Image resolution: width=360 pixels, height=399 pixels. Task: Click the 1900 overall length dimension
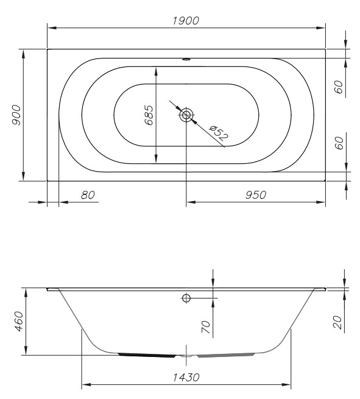(186, 21)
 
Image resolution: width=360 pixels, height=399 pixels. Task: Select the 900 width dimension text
(16, 115)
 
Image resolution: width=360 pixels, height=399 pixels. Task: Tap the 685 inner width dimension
(149, 115)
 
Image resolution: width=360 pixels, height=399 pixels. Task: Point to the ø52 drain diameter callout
(219, 133)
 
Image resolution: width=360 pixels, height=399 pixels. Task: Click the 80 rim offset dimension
(88, 195)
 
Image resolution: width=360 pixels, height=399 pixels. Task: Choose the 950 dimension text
(256, 195)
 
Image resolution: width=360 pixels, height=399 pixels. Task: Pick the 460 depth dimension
(19, 321)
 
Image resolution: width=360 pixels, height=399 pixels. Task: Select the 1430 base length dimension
(186, 377)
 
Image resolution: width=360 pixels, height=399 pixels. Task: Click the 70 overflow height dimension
(206, 327)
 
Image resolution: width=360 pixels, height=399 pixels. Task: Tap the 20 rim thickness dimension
(337, 322)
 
